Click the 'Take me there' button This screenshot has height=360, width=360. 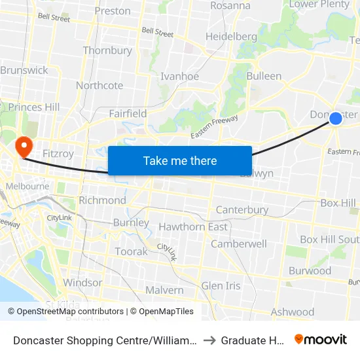(180, 160)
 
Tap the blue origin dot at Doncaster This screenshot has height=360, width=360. (336, 118)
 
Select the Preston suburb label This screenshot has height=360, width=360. (113, 11)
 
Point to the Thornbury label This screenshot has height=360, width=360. (107, 50)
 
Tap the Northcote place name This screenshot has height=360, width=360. (99, 86)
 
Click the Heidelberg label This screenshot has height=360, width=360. (231, 37)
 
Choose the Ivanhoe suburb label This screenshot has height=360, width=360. (179, 77)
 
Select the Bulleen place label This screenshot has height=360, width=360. (264, 76)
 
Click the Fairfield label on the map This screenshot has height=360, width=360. (128, 113)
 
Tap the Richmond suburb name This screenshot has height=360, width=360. (102, 200)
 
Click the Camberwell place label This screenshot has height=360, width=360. (238, 243)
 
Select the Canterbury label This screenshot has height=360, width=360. (242, 210)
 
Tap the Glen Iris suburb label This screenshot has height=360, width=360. (221, 286)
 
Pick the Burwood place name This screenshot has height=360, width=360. (310, 270)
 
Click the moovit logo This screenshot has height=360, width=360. (321, 339)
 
